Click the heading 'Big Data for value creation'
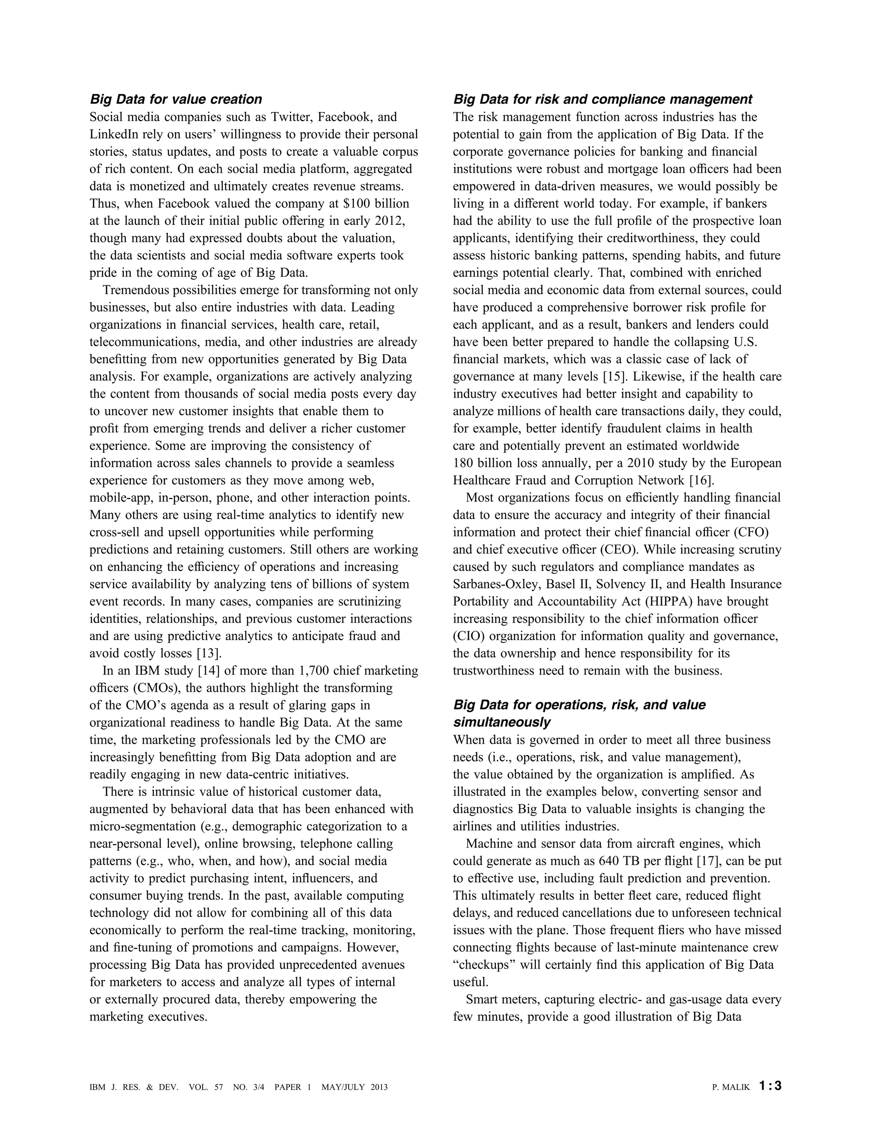pyautogui.click(x=176, y=99)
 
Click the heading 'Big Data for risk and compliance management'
pyautogui.click(x=603, y=99)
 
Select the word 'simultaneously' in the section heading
pyautogui.click(x=501, y=722)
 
